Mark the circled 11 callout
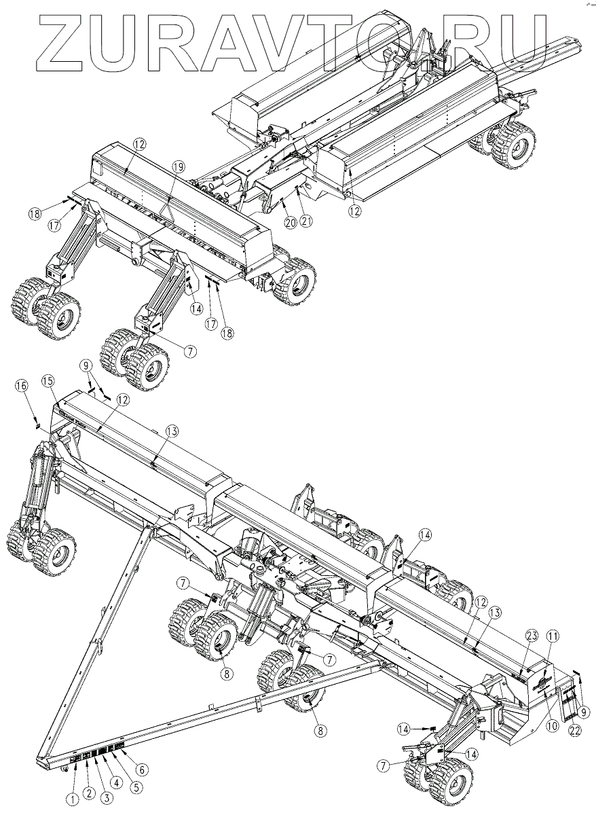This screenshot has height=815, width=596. point(554,637)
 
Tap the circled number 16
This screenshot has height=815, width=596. point(22,386)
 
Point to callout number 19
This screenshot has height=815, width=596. point(178,166)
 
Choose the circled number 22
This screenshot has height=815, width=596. point(574,730)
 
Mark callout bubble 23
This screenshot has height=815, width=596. point(532,636)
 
